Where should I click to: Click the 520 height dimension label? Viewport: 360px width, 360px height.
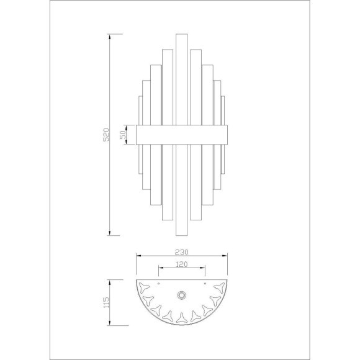tap(106, 135)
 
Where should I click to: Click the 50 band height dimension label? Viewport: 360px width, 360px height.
tap(123, 135)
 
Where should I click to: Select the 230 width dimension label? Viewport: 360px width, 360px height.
tap(182, 253)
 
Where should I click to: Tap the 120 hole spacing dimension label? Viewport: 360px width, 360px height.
tap(182, 264)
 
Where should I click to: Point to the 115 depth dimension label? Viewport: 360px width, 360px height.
tap(107, 303)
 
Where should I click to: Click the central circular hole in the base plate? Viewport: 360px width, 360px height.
tap(182, 295)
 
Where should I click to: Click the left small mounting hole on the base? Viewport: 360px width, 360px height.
tap(158, 283)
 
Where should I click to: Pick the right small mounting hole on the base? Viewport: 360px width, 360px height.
tap(205, 283)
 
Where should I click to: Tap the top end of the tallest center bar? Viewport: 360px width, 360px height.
tap(182, 34)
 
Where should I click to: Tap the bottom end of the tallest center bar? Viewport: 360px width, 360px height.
tap(182, 235)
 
